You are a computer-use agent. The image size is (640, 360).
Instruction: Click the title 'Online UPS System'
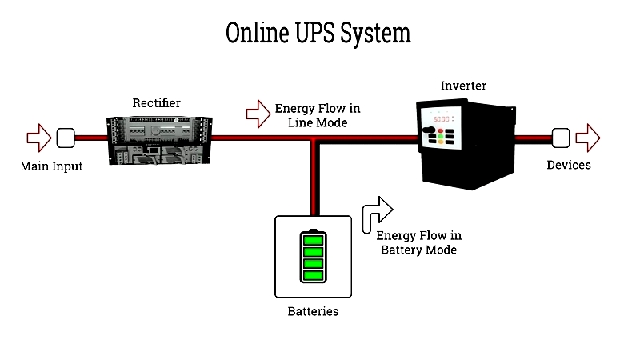[x=318, y=34]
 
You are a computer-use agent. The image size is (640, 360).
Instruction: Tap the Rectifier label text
[x=156, y=103]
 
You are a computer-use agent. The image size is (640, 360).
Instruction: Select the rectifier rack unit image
[x=159, y=141]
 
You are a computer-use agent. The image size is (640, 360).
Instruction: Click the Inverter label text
[x=463, y=86]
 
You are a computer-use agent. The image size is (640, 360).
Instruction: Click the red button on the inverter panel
[x=441, y=131]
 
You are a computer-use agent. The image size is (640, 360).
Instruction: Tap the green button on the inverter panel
[x=441, y=136]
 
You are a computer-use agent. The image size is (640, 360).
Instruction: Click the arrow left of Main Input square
[x=39, y=138]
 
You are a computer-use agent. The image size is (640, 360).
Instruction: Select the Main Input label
[x=52, y=166]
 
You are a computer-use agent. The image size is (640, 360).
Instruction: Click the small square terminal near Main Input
[x=66, y=138]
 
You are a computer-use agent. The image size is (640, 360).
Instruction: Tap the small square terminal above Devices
[x=561, y=138]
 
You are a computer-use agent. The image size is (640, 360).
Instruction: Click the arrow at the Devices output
[x=588, y=138]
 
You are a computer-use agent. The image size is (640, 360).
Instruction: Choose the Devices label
[x=569, y=165]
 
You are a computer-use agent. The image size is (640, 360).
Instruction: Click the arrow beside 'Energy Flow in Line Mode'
[x=258, y=114]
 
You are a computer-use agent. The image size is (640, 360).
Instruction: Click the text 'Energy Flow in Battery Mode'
[x=418, y=243]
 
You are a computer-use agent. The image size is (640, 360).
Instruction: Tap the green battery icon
[x=313, y=256]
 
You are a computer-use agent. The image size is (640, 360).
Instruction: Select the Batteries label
[x=313, y=311]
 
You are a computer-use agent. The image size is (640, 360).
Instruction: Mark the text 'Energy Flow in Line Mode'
[x=318, y=115]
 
